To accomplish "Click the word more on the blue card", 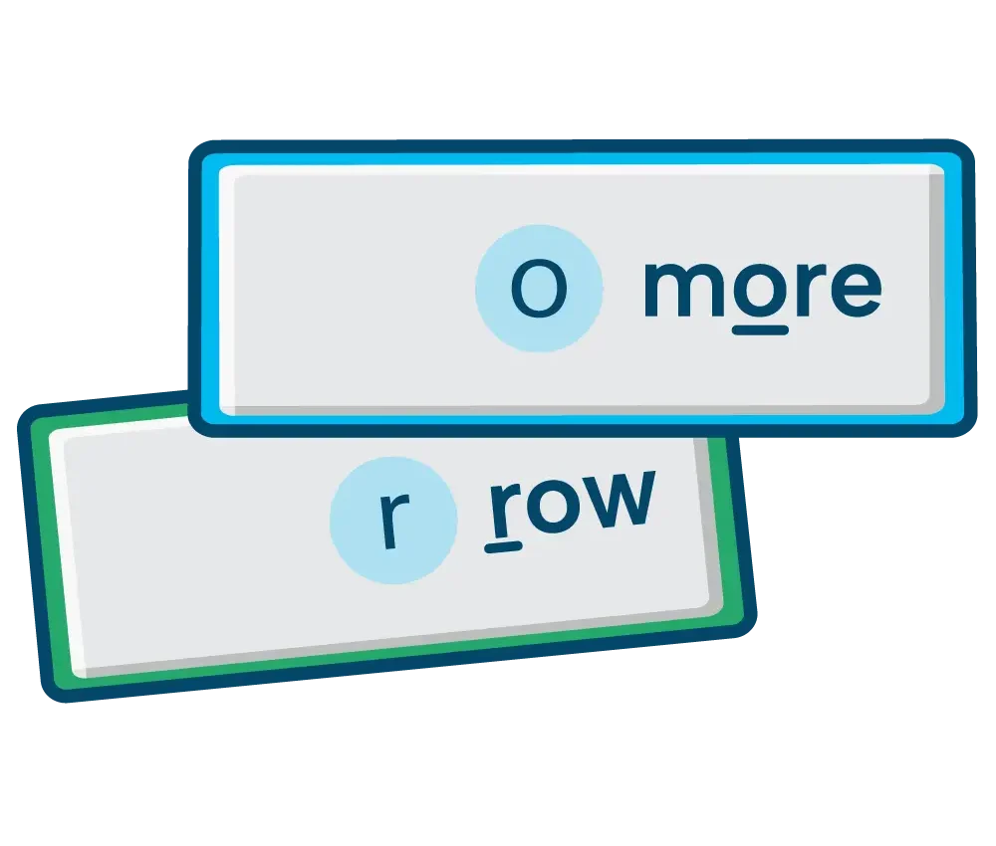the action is [762, 291].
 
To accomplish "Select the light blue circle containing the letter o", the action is [539, 288].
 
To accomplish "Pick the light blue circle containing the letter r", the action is [393, 520].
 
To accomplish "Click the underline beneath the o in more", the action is [760, 330].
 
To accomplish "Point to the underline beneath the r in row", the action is [503, 547].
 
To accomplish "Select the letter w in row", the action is [617, 500].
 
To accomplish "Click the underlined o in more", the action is [760, 290].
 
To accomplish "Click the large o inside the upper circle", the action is [539, 289].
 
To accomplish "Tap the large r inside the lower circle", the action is [394, 521].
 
